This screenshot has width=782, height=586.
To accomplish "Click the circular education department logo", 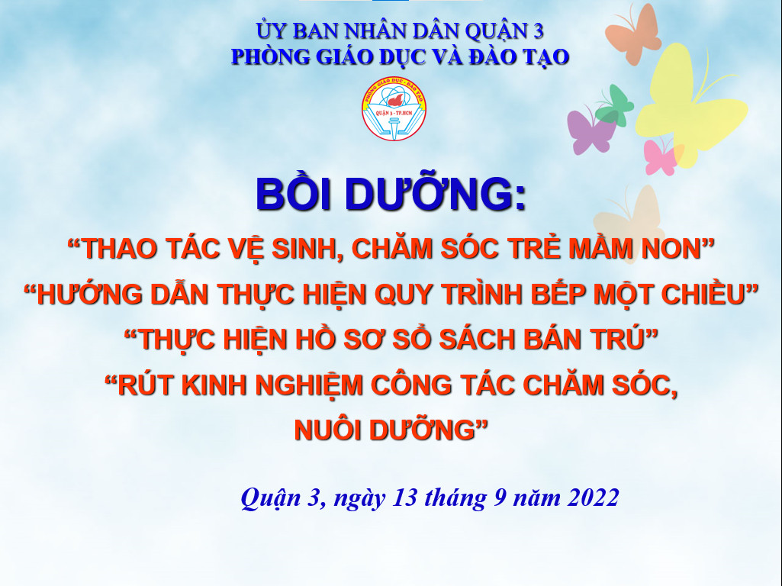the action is (394, 108).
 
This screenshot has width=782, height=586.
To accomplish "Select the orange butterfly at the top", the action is (632, 35).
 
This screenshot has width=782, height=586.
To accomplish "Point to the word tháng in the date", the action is (455, 498).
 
